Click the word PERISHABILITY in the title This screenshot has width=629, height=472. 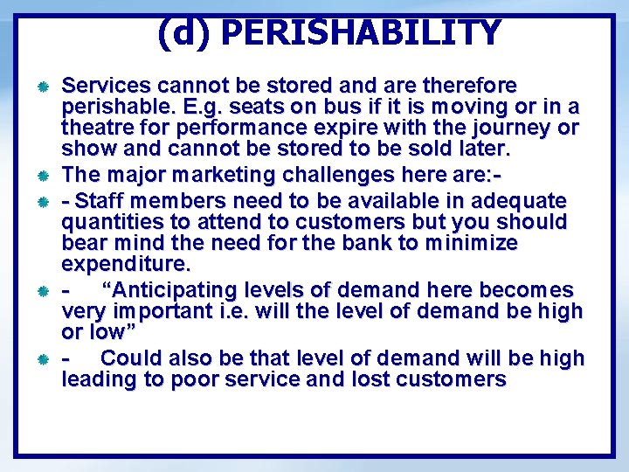click(361, 33)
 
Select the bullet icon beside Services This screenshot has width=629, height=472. click(40, 87)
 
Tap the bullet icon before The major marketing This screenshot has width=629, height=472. click(40, 176)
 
